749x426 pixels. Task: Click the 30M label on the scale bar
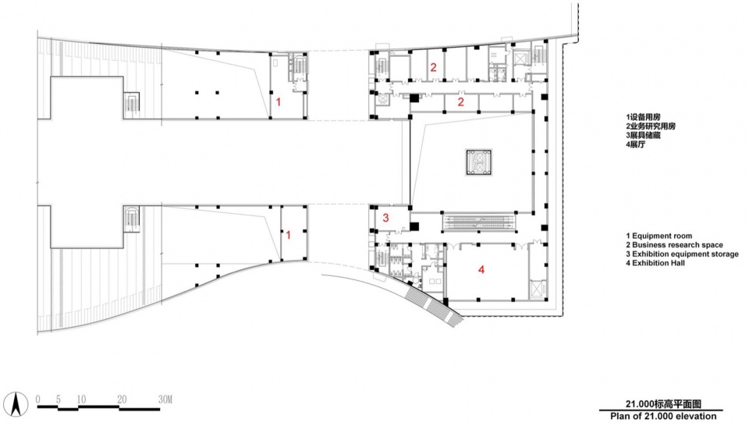pyautogui.click(x=165, y=399)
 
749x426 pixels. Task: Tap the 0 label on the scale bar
pyautogui.click(x=38, y=399)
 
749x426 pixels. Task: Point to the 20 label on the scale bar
pyautogui.click(x=122, y=399)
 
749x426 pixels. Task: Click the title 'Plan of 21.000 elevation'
pyautogui.click(x=663, y=416)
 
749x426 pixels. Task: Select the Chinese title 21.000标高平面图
pyautogui.click(x=663, y=403)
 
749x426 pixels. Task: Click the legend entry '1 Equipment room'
pyautogui.click(x=658, y=236)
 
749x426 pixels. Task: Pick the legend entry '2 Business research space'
pyautogui.click(x=674, y=245)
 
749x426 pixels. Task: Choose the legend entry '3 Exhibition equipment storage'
pyautogui.click(x=682, y=254)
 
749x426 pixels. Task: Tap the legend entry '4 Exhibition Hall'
pyautogui.click(x=655, y=263)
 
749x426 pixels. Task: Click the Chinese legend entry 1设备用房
pyautogui.click(x=644, y=117)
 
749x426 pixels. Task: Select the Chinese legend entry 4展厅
pyautogui.click(x=636, y=144)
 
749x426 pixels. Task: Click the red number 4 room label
pyautogui.click(x=481, y=269)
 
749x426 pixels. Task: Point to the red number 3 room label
pyautogui.click(x=385, y=218)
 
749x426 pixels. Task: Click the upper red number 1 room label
pyautogui.click(x=279, y=101)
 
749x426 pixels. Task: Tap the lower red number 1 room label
pyautogui.click(x=288, y=236)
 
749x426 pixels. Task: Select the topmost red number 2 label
pyautogui.click(x=433, y=67)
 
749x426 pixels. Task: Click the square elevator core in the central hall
pyautogui.click(x=479, y=162)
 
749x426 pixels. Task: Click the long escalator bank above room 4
pyautogui.click(x=479, y=221)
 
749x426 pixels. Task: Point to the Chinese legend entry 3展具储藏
pyautogui.click(x=644, y=135)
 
